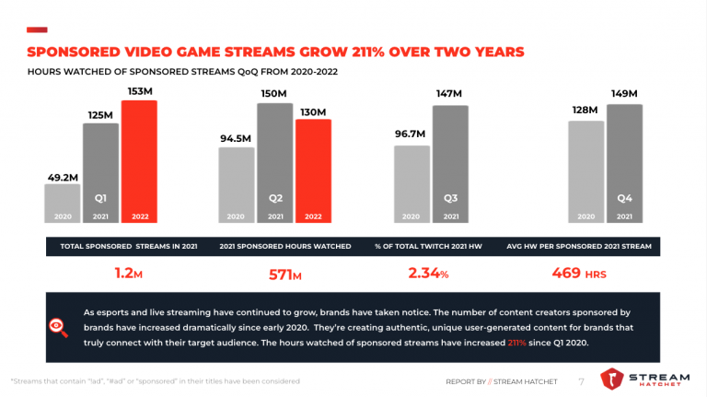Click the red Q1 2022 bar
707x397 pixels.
coord(139,161)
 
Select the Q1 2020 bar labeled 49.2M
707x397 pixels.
coord(63,204)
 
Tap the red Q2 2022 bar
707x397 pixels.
coord(313,171)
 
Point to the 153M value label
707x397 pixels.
coord(141,91)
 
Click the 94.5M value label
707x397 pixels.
coord(236,138)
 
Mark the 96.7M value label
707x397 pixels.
coord(411,134)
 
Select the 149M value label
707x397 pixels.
coord(624,94)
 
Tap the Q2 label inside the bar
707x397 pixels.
coord(275,197)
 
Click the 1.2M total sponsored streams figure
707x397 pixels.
coord(129,274)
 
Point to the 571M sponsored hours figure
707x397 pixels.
coord(284,274)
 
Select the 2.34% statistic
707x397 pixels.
coord(428,274)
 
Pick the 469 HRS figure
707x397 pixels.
coord(579,274)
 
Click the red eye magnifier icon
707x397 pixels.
coord(57,325)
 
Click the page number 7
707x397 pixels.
coord(581,380)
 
